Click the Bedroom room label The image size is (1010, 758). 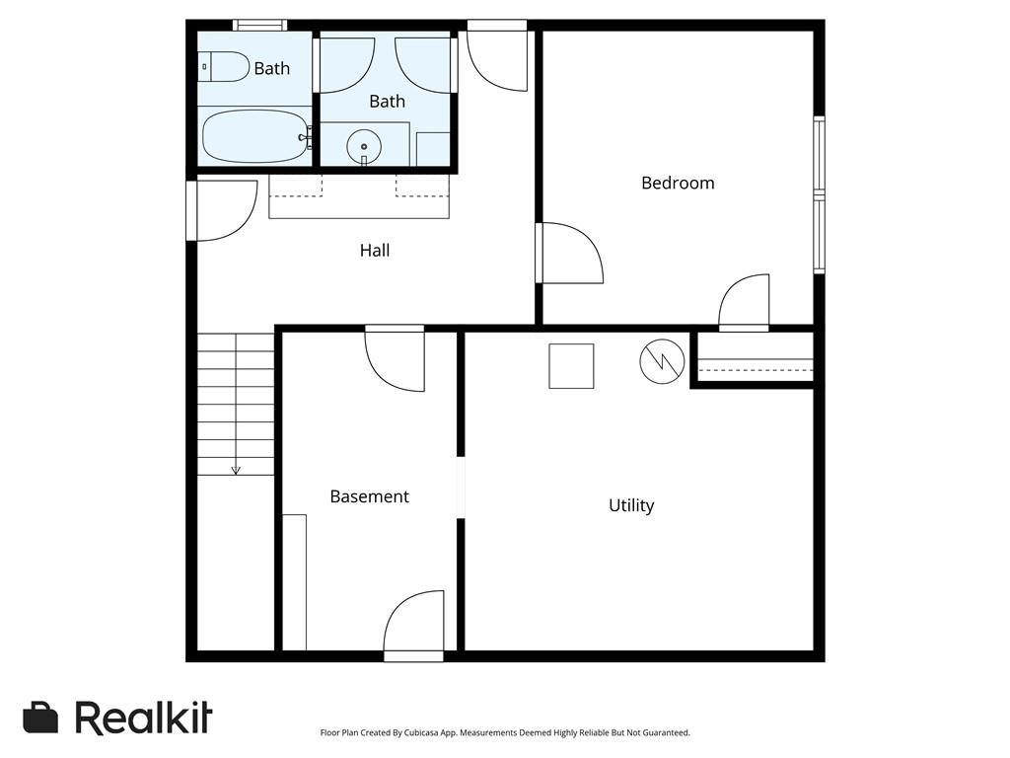678,183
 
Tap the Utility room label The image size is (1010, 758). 631,505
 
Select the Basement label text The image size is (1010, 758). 369,496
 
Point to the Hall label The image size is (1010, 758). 374,250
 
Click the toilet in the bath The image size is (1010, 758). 223,67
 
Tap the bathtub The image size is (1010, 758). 255,136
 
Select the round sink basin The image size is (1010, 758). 364,147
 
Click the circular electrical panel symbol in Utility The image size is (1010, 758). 662,361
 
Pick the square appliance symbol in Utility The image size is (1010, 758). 571,366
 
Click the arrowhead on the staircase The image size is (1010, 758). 236,471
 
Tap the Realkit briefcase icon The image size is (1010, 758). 40,718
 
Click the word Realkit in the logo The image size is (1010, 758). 144,718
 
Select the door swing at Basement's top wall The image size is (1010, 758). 395,358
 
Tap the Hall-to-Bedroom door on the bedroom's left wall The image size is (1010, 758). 569,253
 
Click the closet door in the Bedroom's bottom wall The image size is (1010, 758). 744,302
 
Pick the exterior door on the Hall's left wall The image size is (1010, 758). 222,211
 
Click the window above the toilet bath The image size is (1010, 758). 259,25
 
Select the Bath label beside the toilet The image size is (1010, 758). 272,68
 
